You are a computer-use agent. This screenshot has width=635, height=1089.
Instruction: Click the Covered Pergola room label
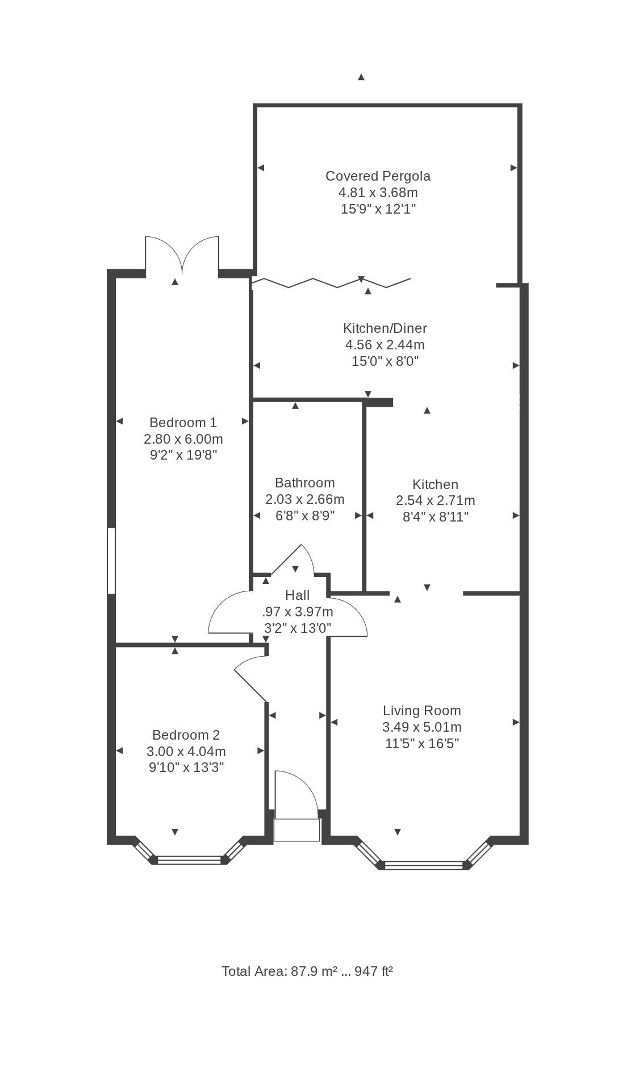tap(378, 176)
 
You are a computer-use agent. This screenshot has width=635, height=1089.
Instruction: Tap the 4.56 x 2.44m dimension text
tap(385, 345)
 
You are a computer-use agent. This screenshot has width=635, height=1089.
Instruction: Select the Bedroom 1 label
tap(183, 423)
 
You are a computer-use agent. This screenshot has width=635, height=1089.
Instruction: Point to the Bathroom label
tap(305, 483)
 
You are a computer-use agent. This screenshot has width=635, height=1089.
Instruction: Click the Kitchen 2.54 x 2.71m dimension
tap(436, 500)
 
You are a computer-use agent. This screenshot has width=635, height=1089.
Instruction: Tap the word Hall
tap(298, 595)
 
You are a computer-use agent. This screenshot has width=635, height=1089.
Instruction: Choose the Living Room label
tap(422, 711)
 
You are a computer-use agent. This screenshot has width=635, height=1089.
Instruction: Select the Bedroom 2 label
tap(186, 735)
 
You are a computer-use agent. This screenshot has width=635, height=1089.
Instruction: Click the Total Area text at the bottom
tap(307, 971)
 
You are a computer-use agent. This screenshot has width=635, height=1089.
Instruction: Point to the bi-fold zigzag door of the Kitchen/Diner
tap(331, 282)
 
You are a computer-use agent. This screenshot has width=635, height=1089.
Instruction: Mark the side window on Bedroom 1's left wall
tap(111, 561)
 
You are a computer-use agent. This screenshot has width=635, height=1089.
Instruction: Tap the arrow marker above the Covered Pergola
tap(361, 77)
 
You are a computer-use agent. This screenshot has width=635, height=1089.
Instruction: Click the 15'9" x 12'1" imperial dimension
tap(378, 209)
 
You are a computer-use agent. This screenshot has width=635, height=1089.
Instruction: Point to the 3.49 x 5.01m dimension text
tap(422, 727)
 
